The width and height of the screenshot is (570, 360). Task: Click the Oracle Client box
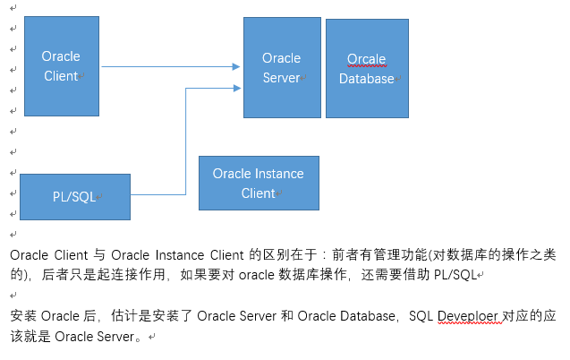click(x=62, y=66)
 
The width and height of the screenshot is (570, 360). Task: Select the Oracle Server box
click(x=282, y=68)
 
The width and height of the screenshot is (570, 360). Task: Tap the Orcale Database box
click(x=367, y=68)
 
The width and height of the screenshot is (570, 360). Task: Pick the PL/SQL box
click(x=75, y=197)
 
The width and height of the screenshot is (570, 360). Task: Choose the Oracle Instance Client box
click(x=259, y=183)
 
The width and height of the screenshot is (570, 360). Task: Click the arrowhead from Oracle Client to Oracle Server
click(x=236, y=66)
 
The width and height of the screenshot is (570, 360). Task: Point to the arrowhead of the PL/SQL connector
click(x=236, y=88)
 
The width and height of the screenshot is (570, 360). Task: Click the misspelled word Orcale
click(x=367, y=59)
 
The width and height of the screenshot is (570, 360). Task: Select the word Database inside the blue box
click(x=367, y=79)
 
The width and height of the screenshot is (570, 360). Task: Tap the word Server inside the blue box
click(x=281, y=78)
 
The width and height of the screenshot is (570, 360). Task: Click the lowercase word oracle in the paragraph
click(x=256, y=275)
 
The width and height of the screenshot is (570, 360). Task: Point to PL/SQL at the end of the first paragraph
click(x=455, y=275)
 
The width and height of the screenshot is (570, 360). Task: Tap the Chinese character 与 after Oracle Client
click(x=99, y=255)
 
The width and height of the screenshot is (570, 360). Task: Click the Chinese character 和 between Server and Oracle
click(x=287, y=316)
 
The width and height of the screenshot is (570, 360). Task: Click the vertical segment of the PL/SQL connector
click(x=186, y=141)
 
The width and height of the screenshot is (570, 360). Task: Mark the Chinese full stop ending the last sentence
click(x=139, y=339)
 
